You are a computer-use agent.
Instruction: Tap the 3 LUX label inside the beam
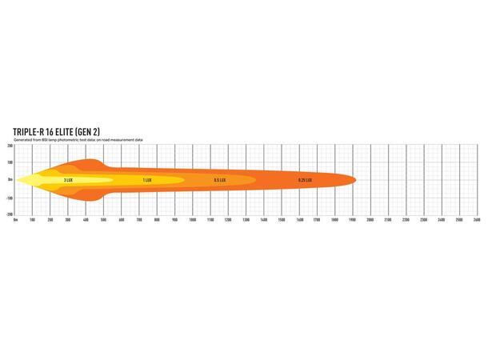click(x=69, y=180)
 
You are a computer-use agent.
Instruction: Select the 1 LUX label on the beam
click(x=147, y=180)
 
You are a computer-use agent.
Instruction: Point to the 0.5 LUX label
click(x=219, y=180)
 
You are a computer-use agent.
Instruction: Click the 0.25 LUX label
click(x=305, y=180)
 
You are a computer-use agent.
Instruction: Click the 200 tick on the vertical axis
click(x=10, y=146)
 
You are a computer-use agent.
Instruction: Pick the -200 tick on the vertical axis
click(x=9, y=214)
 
